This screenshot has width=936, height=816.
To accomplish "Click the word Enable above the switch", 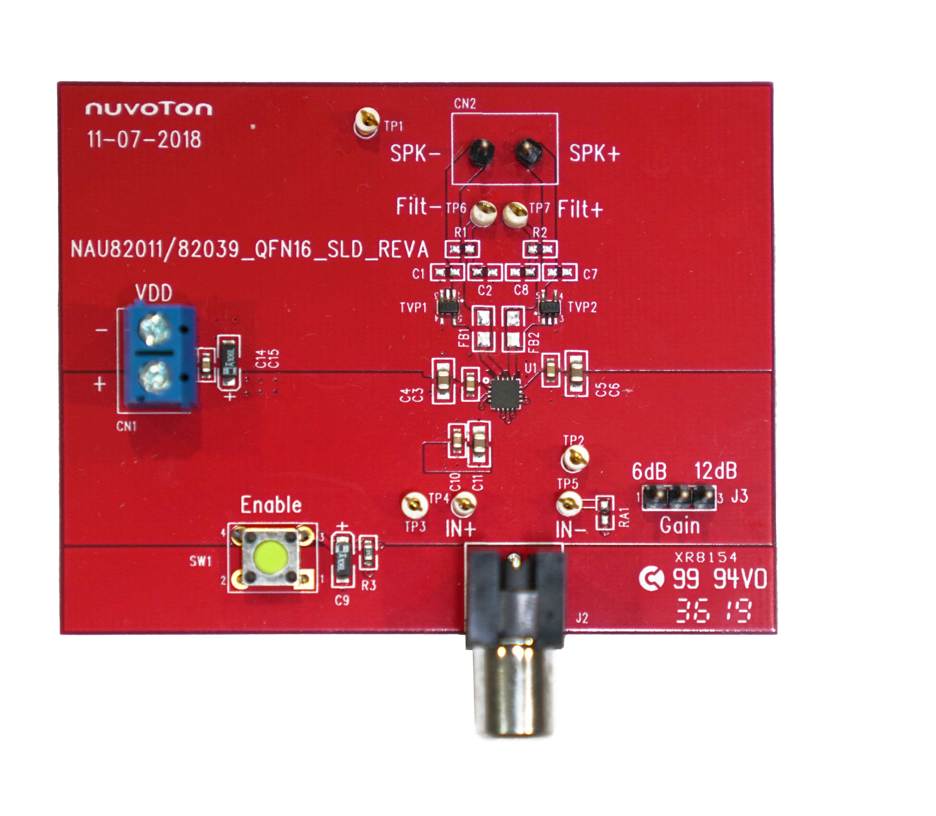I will click(x=271, y=506).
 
